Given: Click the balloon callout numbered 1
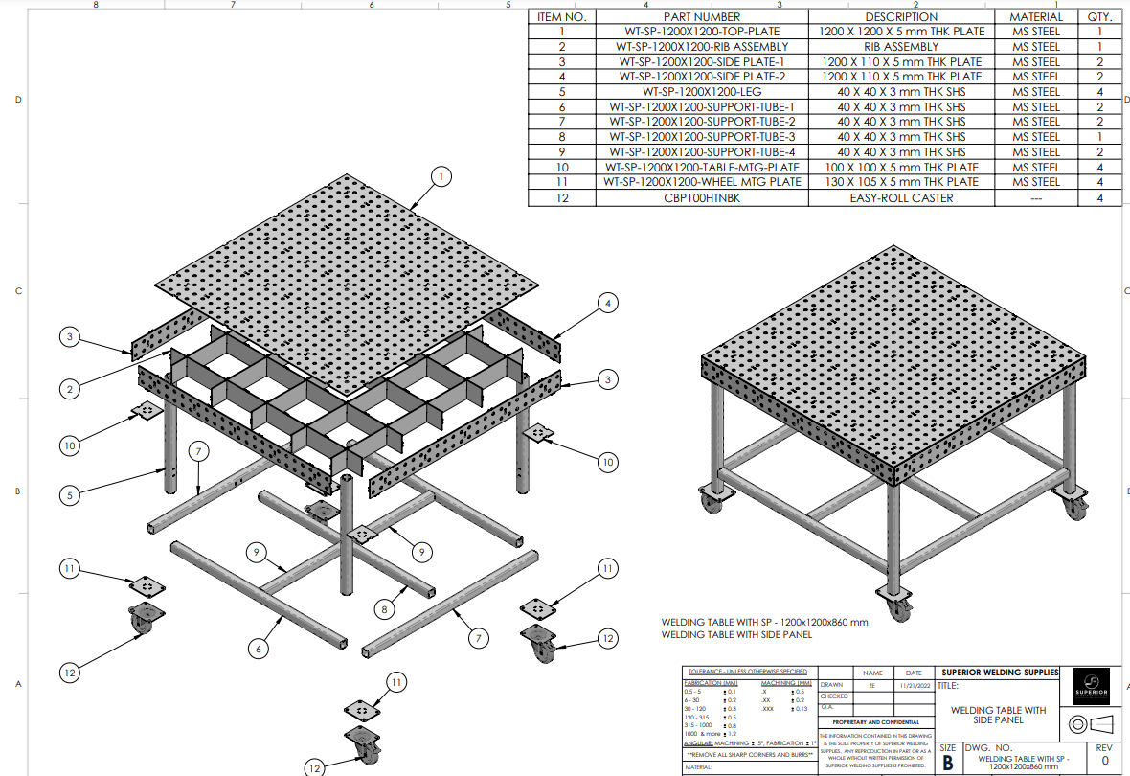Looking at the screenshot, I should pyautogui.click(x=441, y=176).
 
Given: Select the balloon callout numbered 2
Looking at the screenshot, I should pyautogui.click(x=70, y=389).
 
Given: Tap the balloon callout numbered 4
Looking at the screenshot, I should pyautogui.click(x=607, y=304).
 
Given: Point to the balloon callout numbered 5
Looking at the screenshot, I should pyautogui.click(x=70, y=495).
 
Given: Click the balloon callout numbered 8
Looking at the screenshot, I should pyautogui.click(x=383, y=608).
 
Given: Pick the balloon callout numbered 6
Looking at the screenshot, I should pyautogui.click(x=258, y=649).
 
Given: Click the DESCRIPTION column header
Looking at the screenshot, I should pyautogui.click(x=901, y=16).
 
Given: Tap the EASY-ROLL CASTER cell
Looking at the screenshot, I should pyautogui.click(x=901, y=197).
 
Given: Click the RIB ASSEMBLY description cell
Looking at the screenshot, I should pyautogui.click(x=901, y=46).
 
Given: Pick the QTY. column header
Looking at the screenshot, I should pyautogui.click(x=1099, y=16).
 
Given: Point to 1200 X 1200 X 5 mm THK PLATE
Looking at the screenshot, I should pyautogui.click(x=901, y=32).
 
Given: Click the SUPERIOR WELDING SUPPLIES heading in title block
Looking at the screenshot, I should pyautogui.click(x=1000, y=673).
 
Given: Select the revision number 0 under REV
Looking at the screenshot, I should pyautogui.click(x=1104, y=761).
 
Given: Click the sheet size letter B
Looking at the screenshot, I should pyautogui.click(x=947, y=762).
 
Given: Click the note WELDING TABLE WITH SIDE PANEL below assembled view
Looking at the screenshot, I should pyautogui.click(x=736, y=634).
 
